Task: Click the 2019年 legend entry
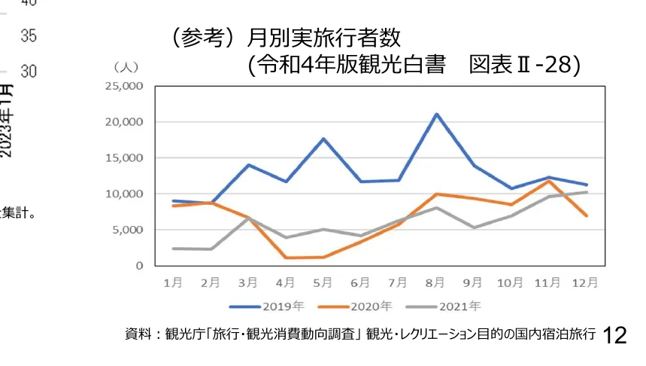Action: click(x=267, y=307)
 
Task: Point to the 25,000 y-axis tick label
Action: click(x=123, y=86)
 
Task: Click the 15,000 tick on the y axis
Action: click(x=123, y=158)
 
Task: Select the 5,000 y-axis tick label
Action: click(x=126, y=230)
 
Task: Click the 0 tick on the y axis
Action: click(x=138, y=266)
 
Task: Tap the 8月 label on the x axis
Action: click(x=436, y=283)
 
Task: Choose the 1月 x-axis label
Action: click(x=173, y=283)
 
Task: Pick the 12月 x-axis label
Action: click(x=586, y=283)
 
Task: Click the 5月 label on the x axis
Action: click(x=323, y=283)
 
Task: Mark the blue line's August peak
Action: click(x=436, y=114)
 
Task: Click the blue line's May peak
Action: click(x=323, y=139)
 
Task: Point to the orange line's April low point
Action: click(x=286, y=258)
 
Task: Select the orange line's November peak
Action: click(x=549, y=181)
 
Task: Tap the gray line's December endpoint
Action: click(x=587, y=192)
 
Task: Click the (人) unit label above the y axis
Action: click(x=125, y=67)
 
